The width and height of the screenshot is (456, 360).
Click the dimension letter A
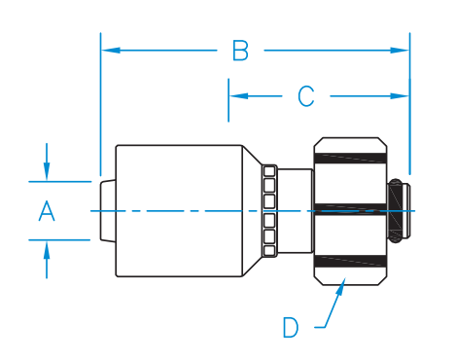pos(47,211)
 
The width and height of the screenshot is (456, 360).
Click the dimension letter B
pos(240,51)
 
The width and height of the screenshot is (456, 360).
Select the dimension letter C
pos(306,96)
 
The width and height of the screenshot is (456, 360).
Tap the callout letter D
pos(291,328)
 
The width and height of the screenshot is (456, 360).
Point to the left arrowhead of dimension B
pos(111,51)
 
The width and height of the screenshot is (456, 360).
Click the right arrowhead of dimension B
pos(400,51)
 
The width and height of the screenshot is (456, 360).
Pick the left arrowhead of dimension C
pos(238,96)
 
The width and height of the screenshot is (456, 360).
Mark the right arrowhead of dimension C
pos(400,96)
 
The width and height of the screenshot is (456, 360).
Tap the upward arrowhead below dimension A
pos(47,251)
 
